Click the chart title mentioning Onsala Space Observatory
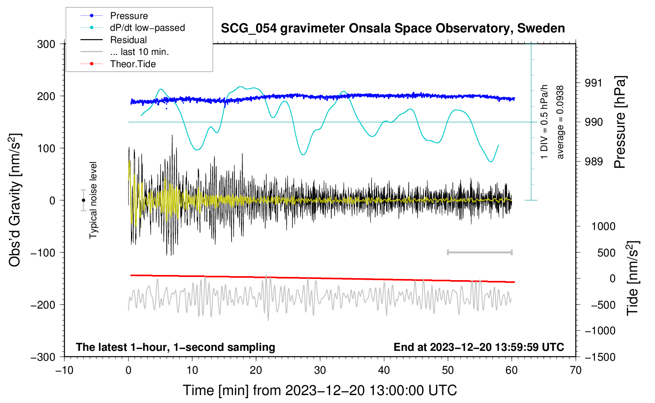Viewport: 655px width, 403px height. coord(393,28)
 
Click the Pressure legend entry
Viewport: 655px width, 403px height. coord(129,16)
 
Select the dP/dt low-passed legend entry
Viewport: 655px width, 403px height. coord(147,28)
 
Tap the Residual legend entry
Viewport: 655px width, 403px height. coord(128,40)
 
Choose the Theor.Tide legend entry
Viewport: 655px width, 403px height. coord(133,64)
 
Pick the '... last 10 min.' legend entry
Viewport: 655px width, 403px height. coord(139,52)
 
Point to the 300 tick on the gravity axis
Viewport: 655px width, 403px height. coord(46,44)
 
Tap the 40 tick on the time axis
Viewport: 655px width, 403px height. coord(384,371)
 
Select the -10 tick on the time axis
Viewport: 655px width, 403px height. coord(64,371)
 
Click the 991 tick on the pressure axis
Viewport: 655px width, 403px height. coord(593,83)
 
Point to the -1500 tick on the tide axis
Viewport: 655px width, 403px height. coord(600,357)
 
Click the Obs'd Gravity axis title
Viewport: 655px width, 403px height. coord(15,200)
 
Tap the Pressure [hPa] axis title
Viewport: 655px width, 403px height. coord(620,122)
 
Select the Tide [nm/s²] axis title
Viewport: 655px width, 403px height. coord(633,278)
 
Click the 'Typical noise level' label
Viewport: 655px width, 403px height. coord(93,200)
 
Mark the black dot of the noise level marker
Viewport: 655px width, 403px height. coord(83,200)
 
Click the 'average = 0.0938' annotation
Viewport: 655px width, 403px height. coord(560,122)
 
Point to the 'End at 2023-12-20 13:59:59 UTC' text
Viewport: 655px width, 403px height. coord(479,347)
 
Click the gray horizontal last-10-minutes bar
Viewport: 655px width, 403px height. coord(479,252)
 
